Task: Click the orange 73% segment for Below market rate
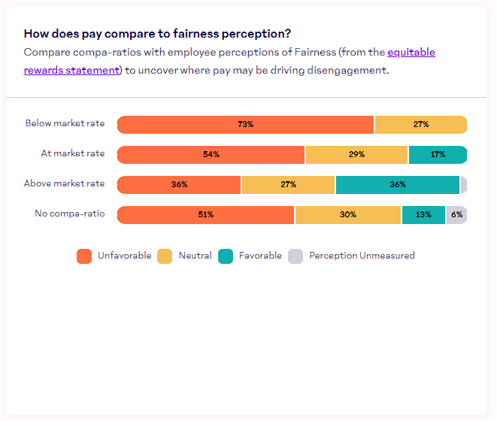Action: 245,125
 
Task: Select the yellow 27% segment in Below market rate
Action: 420,125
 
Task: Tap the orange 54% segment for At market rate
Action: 211,155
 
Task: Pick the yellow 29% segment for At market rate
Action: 356,155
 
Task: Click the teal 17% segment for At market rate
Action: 438,155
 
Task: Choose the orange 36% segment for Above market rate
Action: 179,185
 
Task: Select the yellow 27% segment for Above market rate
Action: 288,185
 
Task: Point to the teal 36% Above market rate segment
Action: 397,185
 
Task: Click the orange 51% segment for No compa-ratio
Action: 206,215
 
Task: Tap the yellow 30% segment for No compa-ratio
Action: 347,215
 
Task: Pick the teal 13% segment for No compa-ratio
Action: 423,215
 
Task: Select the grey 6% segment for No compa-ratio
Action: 456,215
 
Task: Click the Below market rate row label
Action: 65,123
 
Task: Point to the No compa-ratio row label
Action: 70,214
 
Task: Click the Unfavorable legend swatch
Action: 84,256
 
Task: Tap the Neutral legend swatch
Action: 165,256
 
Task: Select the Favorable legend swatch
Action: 226,256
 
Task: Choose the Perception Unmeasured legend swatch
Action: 295,256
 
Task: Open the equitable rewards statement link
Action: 71,70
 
